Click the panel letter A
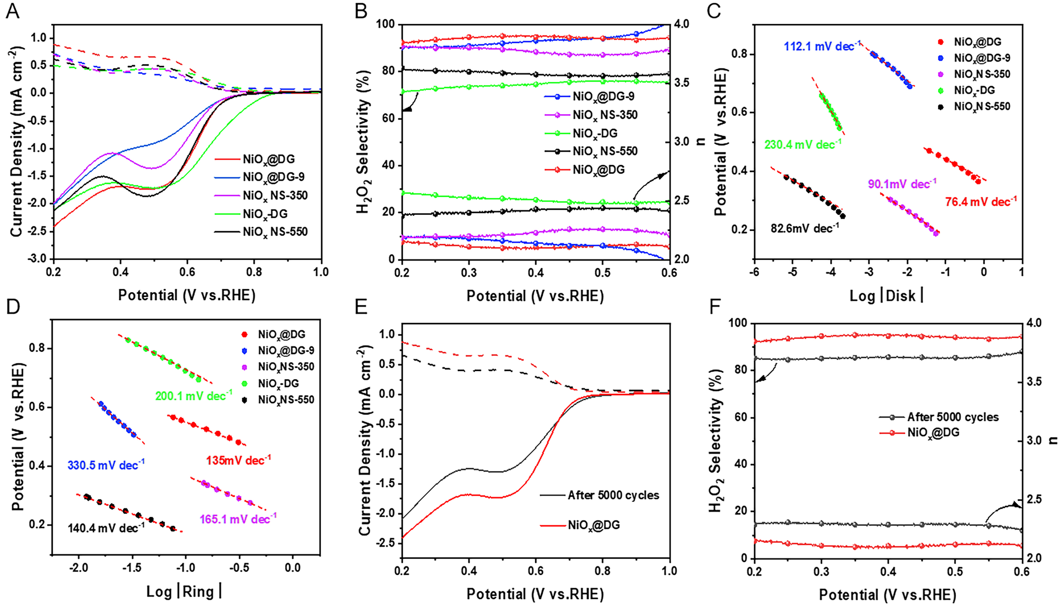pyautogui.click(x=13, y=11)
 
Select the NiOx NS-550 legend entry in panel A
pyautogui.click(x=275, y=232)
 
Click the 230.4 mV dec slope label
pyautogui.click(x=802, y=144)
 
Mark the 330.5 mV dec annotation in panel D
pyautogui.click(x=106, y=465)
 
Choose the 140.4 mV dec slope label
pyautogui.click(x=106, y=528)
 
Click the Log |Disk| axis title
pyautogui.click(x=886, y=296)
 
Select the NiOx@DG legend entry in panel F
pyautogui.click(x=933, y=433)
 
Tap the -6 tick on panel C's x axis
pyautogui.click(x=754, y=273)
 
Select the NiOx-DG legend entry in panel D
pyautogui.click(x=278, y=384)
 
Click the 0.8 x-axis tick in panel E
pyautogui.click(x=602, y=571)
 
